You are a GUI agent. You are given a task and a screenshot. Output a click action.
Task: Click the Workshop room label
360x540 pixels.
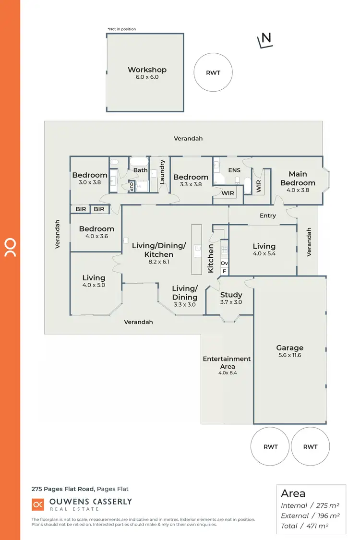[x=146, y=70]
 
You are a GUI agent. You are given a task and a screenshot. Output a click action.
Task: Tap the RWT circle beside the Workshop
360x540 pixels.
[x=213, y=72]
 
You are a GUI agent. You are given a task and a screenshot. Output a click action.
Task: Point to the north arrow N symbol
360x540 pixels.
[x=265, y=40]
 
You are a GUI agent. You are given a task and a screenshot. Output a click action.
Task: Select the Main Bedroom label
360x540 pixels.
[x=298, y=178]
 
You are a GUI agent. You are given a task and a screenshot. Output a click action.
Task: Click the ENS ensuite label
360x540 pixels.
[x=234, y=170]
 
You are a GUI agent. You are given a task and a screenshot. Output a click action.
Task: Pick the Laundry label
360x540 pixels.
[x=162, y=172]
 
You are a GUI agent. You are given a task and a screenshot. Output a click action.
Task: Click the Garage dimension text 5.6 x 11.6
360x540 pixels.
[x=289, y=355]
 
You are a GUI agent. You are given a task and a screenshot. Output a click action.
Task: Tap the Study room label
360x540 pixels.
[x=231, y=295]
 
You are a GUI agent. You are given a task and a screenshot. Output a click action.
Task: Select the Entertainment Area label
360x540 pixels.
[x=227, y=362]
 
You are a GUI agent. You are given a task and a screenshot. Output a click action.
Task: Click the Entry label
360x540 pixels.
[x=267, y=216]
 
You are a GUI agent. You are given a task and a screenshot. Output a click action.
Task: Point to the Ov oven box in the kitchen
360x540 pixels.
[x=224, y=264]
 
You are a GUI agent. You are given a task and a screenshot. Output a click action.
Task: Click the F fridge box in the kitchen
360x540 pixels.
[x=224, y=271]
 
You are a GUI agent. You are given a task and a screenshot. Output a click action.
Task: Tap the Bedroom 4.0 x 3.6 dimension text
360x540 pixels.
[x=96, y=236]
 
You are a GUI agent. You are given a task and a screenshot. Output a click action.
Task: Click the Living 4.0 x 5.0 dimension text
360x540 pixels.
[x=94, y=285]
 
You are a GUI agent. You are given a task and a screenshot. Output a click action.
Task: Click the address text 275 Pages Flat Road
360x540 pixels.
[x=63, y=489]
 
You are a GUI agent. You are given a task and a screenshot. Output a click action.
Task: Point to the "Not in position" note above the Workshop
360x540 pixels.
[x=121, y=29]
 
